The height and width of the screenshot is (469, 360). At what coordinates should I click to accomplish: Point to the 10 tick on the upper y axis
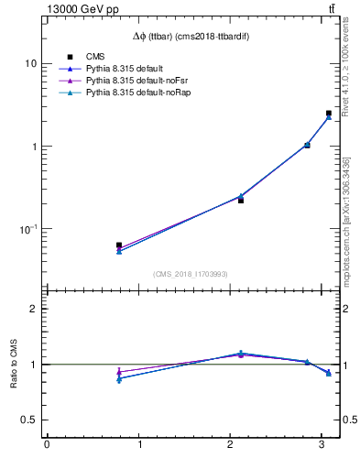[x=31, y=64]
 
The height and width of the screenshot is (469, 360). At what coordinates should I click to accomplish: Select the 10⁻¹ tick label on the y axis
[x=28, y=229]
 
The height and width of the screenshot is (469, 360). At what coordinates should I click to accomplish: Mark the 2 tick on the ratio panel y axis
[x=34, y=309]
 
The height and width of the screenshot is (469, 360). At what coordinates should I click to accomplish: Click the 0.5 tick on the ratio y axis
[x=29, y=420]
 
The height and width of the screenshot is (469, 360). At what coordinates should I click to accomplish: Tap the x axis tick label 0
[x=47, y=446]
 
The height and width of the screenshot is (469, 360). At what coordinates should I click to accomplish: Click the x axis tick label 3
[x=322, y=446]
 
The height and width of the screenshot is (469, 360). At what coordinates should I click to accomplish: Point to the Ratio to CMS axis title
[x=14, y=365]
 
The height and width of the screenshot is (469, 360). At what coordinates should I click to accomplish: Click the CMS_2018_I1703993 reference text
[x=191, y=274]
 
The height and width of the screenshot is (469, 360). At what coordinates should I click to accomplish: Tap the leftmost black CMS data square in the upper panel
[x=119, y=245]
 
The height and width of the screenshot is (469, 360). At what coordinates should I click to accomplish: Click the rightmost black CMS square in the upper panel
[x=329, y=114]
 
